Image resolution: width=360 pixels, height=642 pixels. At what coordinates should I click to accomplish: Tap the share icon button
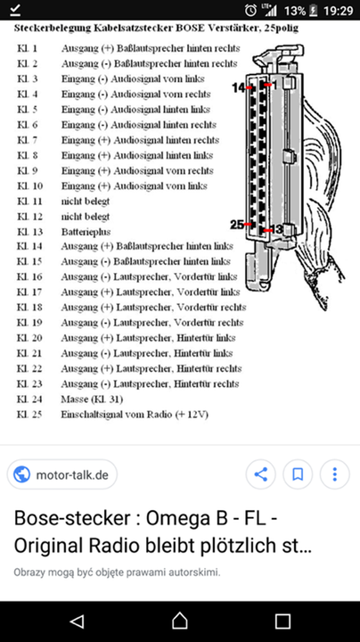click(260, 473)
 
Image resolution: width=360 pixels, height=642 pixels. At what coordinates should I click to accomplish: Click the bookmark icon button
click(299, 473)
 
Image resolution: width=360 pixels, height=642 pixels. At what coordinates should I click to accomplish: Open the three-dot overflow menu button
click(335, 473)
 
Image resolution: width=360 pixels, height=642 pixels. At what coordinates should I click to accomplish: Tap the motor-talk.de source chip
click(62, 474)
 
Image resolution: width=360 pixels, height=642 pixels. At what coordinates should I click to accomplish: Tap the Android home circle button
click(180, 621)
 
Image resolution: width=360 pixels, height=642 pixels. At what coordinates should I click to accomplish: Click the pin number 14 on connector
click(239, 86)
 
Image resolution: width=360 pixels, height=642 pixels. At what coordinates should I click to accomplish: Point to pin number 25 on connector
click(237, 224)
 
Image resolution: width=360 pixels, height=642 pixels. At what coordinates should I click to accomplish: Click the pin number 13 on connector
click(277, 229)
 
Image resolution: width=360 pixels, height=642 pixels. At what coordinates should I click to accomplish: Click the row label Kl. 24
click(30, 399)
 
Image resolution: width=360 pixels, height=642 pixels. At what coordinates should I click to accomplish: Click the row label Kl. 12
click(30, 217)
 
